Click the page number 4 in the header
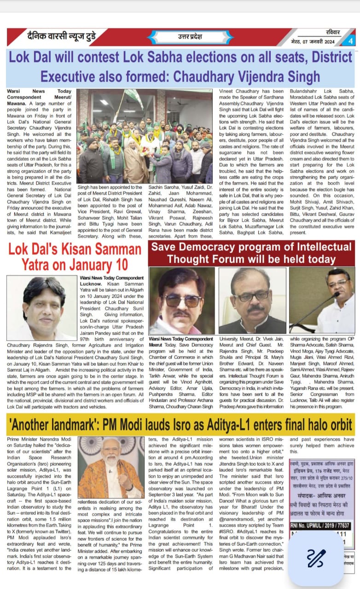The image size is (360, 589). tap(350, 41)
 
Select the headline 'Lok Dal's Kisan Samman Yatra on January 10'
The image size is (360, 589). tap(75, 257)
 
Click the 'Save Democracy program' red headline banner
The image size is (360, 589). tap(251, 253)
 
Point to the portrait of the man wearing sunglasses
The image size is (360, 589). tap(182, 300)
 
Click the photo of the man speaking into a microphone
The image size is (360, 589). tap(322, 300)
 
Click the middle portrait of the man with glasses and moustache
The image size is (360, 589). tap(252, 300)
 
